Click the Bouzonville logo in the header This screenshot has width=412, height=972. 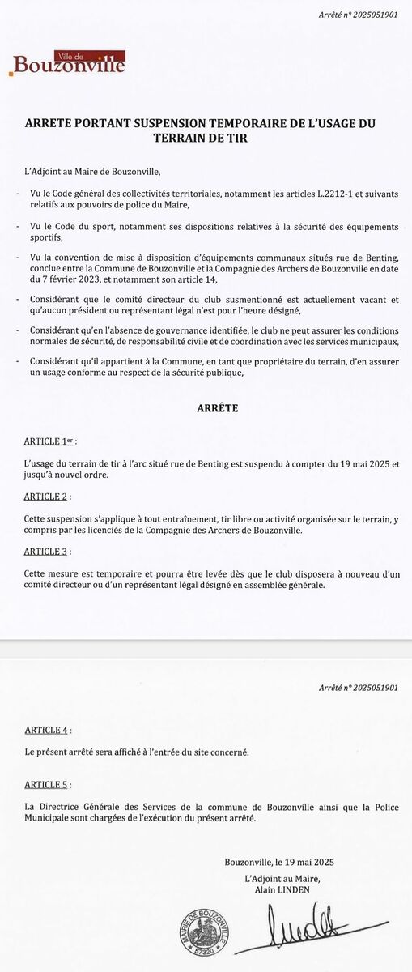point(68,62)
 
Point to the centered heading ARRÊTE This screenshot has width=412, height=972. point(218,409)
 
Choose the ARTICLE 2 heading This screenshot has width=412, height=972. point(47,496)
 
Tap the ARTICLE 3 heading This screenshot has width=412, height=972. point(47,552)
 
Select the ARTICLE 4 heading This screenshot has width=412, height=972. point(47,730)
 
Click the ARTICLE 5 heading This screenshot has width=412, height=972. point(47,785)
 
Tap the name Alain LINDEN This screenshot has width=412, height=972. point(282,889)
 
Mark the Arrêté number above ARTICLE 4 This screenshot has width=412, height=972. point(359,687)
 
